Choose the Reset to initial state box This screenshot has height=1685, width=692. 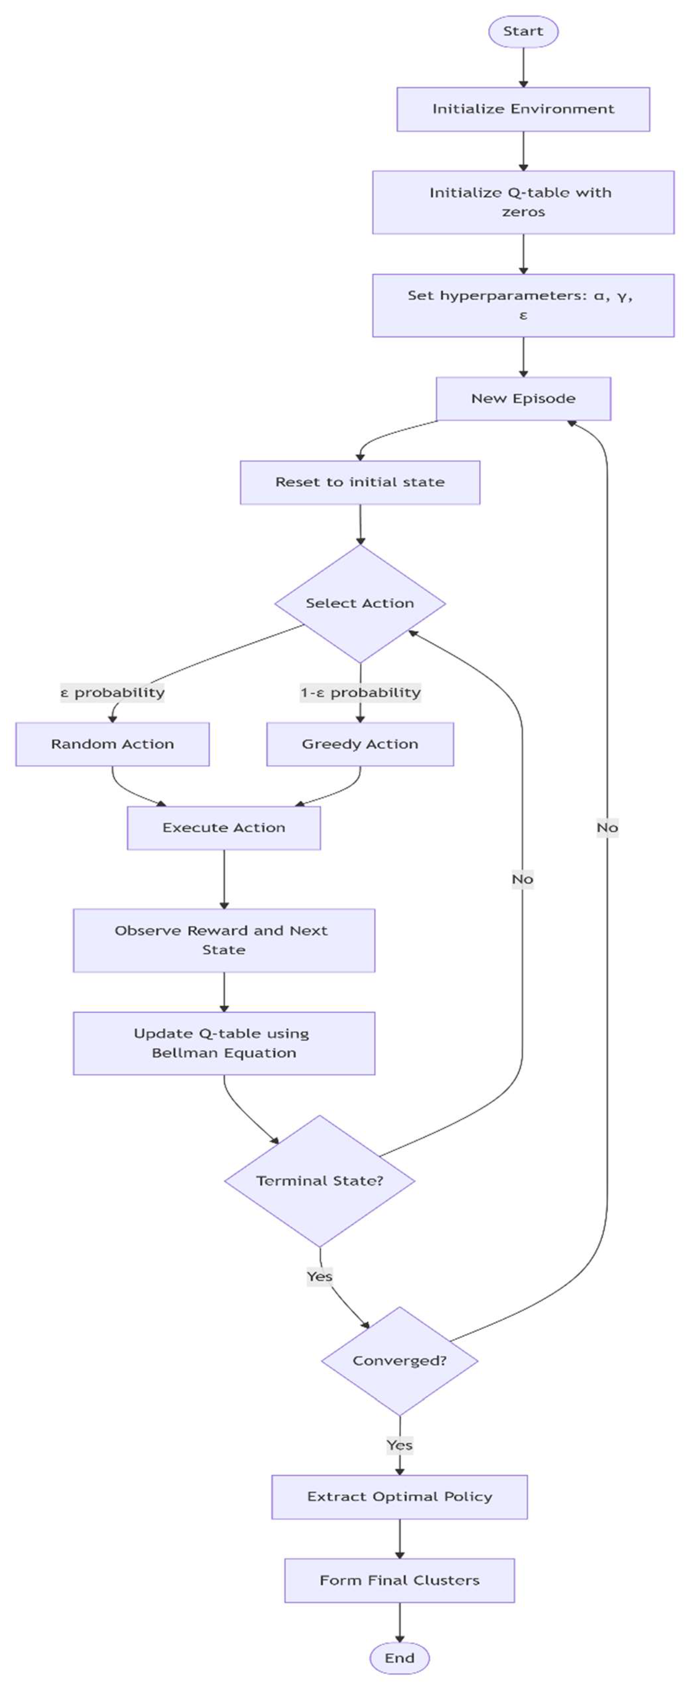(x=360, y=482)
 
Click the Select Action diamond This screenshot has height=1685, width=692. (x=360, y=603)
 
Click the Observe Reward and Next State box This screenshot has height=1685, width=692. (x=224, y=940)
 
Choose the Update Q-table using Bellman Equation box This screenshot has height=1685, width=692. (x=224, y=1043)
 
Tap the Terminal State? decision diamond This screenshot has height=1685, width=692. (x=319, y=1181)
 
